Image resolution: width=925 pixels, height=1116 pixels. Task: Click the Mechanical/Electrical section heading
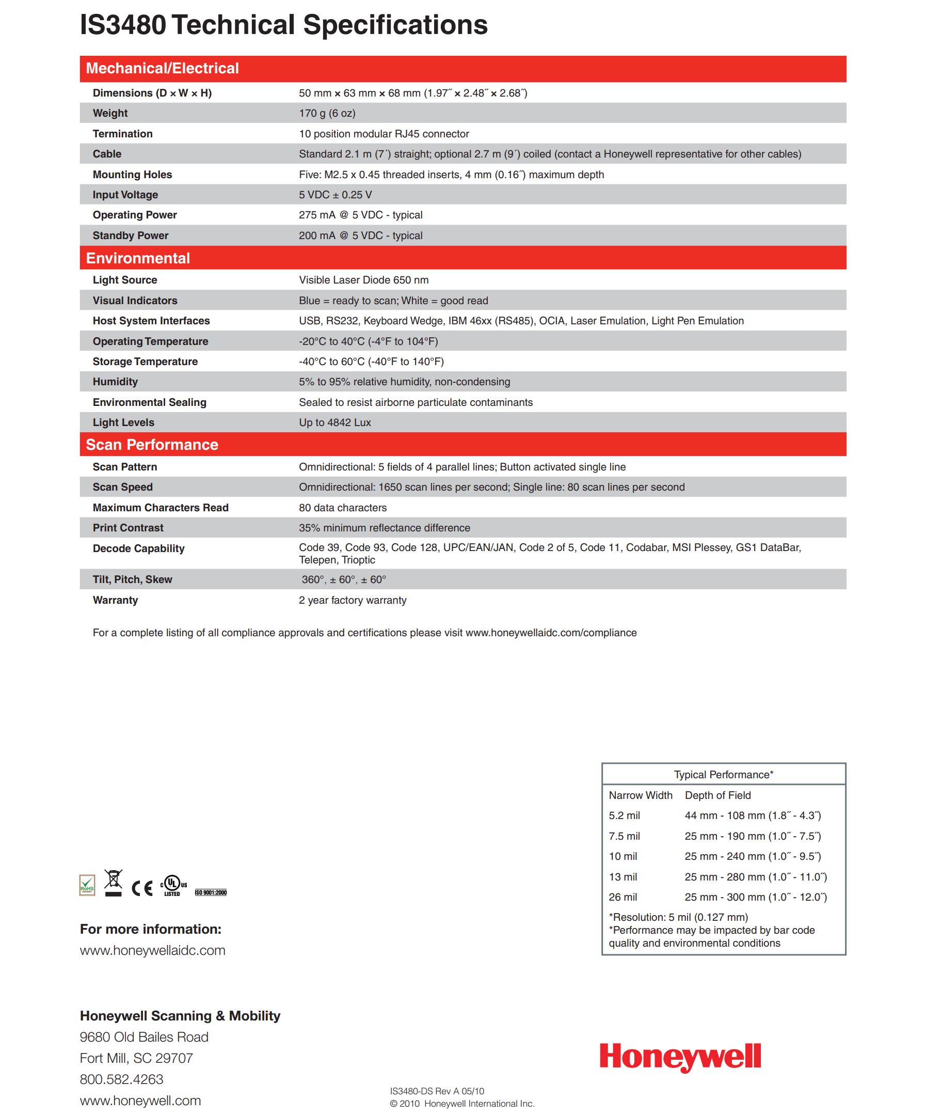[x=162, y=69]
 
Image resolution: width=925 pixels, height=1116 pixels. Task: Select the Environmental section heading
[x=138, y=258]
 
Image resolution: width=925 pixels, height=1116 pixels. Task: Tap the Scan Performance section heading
[x=152, y=445]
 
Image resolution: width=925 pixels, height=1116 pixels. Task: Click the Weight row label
[x=110, y=113]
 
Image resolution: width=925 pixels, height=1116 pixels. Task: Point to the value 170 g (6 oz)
[x=327, y=113]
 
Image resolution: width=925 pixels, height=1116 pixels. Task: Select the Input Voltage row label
[x=125, y=195]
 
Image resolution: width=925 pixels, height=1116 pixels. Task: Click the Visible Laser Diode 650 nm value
[x=363, y=280]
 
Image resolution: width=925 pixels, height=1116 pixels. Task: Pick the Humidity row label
[x=115, y=382]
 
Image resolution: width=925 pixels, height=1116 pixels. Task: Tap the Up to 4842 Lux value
[x=334, y=422]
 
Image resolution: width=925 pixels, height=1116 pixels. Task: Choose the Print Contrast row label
[x=128, y=528]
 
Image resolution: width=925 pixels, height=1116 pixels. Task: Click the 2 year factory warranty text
[x=352, y=601]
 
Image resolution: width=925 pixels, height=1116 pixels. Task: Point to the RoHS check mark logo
[x=87, y=885]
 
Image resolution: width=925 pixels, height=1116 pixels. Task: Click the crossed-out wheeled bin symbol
[x=113, y=883]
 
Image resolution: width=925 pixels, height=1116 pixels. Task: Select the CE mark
[x=142, y=888]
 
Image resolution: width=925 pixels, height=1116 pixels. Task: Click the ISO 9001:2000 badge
[x=211, y=892]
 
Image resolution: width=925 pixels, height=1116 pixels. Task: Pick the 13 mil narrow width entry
[x=623, y=877]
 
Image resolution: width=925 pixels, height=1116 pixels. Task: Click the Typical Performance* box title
[x=723, y=775]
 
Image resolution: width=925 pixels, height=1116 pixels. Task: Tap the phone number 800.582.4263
[x=121, y=1079]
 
